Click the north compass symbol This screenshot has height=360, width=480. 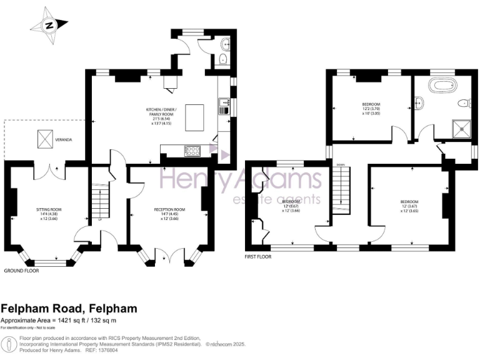pyautogui.click(x=49, y=25)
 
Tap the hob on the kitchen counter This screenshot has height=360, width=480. pyautogui.click(x=191, y=151)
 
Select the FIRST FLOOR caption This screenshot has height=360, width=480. pyautogui.click(x=259, y=256)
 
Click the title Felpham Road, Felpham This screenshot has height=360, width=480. pyautogui.click(x=69, y=309)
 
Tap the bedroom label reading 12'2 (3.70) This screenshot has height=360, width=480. pyautogui.click(x=371, y=108)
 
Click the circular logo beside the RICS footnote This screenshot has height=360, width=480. pyautogui.click(x=9, y=344)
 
